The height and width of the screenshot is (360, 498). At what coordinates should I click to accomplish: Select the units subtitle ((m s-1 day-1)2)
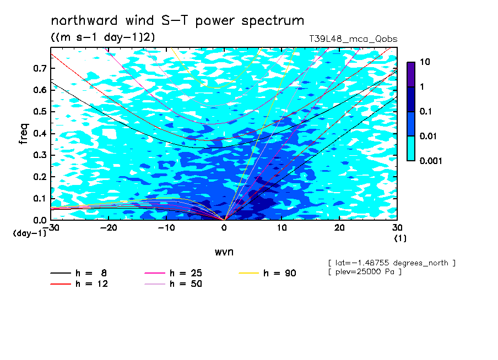coord(103,37)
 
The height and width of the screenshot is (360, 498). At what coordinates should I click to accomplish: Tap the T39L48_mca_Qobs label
coord(353,39)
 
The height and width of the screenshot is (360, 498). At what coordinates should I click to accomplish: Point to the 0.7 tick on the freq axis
coord(40,68)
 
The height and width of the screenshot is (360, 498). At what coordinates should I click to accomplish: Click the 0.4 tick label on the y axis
coord(40,133)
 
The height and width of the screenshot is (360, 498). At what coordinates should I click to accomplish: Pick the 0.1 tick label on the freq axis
coord(40,198)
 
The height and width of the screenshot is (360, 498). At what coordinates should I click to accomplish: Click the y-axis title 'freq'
coord(24,134)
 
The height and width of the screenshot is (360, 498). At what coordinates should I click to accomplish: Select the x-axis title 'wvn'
coord(224,252)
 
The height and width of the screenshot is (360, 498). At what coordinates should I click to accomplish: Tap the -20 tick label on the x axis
coord(109,228)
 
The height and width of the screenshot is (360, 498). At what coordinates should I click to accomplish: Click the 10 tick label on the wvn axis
coord(282,228)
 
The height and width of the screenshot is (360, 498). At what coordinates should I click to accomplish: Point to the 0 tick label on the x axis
coord(224,228)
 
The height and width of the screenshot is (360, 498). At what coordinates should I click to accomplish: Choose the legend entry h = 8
coord(79,273)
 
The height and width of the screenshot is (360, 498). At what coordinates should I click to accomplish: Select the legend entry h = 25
coord(173,273)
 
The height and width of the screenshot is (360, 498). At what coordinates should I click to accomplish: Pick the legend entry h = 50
coord(173,284)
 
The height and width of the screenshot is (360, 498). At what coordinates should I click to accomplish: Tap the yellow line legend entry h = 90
coord(267,273)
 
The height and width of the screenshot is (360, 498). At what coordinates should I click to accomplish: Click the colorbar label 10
coord(425,62)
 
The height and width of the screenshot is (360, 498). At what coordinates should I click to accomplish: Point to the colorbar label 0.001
coord(431,161)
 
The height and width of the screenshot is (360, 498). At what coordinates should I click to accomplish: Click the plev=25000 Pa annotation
coord(365,272)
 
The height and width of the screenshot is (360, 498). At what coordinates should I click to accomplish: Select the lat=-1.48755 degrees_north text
coord(392,263)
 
